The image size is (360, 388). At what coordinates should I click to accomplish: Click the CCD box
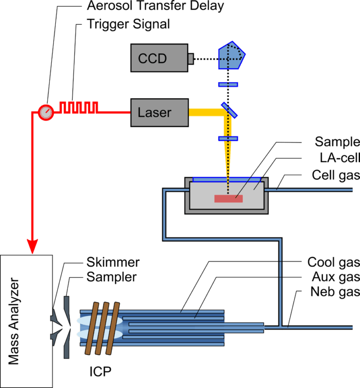pos(159,58)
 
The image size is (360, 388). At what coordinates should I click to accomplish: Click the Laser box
pos(159,113)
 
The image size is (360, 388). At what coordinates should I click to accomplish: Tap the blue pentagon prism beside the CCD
pos(231,55)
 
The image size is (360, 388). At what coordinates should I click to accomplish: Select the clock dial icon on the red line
pos(45,112)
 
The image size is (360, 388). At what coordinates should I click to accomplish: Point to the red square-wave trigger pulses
pos(80,107)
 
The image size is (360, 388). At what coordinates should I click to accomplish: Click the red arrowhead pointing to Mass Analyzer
pos(32,246)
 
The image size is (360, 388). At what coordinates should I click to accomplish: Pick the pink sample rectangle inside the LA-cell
pos(229,199)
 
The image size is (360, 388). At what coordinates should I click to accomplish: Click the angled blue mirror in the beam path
pos(229,110)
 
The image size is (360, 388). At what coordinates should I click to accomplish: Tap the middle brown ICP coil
pos(103,328)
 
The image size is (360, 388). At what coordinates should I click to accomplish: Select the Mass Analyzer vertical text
pos(14,321)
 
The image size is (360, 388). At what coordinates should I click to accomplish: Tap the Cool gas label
pos(333,262)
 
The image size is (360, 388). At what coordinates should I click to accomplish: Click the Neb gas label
pos(335,292)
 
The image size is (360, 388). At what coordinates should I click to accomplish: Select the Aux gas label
pos(335,276)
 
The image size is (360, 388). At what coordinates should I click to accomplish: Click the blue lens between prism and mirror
pos(228,84)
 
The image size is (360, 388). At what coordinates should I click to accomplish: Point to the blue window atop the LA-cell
pos(228,179)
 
